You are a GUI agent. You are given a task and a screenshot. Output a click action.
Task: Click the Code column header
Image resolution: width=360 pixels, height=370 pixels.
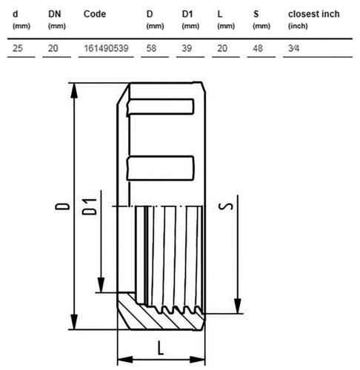(x=95, y=14)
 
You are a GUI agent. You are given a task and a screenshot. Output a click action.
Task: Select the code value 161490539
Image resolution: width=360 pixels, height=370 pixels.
(x=106, y=48)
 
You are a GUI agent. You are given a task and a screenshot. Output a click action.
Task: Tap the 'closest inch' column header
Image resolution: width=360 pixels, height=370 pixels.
(x=314, y=14)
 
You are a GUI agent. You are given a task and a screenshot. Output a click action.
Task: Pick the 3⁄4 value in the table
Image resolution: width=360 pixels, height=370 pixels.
(x=293, y=48)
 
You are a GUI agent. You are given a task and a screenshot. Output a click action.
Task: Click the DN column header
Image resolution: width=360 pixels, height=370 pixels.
(x=55, y=14)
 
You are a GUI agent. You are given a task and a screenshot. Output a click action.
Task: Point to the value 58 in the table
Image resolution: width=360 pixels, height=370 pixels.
(x=151, y=48)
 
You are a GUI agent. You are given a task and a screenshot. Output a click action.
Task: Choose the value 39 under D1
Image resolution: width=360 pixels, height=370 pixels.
(x=187, y=48)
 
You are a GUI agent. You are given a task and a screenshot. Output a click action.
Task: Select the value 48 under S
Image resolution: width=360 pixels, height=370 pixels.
(x=258, y=48)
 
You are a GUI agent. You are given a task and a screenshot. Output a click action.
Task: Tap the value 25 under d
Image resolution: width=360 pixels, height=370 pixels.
(x=18, y=48)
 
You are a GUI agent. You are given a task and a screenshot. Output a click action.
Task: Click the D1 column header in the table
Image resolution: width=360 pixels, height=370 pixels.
(x=187, y=14)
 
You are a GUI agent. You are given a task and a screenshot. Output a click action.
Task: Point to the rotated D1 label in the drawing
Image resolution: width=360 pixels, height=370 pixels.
(x=89, y=206)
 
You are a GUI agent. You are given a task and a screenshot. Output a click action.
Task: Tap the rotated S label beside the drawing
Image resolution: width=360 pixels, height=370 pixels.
(x=226, y=206)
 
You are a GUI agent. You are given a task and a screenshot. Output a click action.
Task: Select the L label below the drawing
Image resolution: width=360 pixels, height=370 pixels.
(x=161, y=348)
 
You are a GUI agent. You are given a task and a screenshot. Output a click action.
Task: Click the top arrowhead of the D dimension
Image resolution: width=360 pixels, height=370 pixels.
(x=74, y=91)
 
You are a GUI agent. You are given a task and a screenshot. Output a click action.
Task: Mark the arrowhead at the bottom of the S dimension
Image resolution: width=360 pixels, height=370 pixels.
(x=238, y=306)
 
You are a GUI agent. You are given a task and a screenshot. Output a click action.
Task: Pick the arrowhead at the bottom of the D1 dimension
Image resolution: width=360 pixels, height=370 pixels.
(x=101, y=285)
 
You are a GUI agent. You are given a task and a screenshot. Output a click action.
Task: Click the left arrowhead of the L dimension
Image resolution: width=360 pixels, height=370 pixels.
(x=125, y=360)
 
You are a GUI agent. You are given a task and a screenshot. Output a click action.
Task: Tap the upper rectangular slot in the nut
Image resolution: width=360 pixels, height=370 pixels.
(x=160, y=107)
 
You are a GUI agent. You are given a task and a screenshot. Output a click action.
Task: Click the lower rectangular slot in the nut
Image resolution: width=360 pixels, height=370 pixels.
(x=160, y=168)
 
